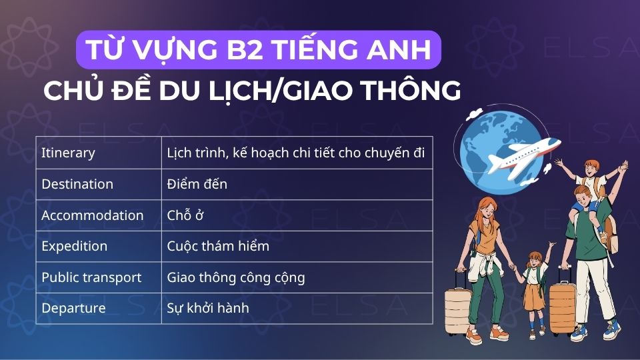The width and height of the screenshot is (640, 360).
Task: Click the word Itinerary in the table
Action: (x=68, y=153)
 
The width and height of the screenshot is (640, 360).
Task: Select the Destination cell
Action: (x=77, y=184)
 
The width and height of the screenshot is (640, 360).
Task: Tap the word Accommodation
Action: (x=92, y=215)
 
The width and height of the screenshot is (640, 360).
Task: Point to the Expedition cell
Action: (x=74, y=246)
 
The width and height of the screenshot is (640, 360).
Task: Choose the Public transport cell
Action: (x=91, y=277)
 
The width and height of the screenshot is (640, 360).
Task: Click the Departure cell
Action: (x=73, y=308)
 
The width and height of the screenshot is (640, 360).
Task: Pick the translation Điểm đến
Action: (x=197, y=184)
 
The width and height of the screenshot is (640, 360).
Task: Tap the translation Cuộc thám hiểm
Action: (x=218, y=246)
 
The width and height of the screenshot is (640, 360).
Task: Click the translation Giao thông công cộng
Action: (x=236, y=277)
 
